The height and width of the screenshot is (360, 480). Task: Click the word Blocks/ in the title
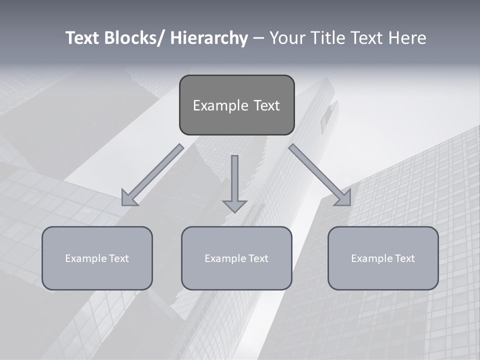tap(133, 38)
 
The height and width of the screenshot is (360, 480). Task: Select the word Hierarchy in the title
tap(209, 38)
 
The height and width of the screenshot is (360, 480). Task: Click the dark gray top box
tap(236, 105)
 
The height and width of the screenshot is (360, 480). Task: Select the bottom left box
tap(97, 258)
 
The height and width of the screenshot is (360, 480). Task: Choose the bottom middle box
tap(236, 258)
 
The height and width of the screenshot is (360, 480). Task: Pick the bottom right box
tap(383, 258)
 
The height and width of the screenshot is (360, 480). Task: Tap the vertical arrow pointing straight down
tap(234, 180)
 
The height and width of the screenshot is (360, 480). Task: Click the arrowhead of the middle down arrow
tap(234, 205)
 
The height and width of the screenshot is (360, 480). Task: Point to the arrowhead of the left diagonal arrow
tap(128, 199)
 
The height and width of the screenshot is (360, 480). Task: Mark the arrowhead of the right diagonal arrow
tap(344, 199)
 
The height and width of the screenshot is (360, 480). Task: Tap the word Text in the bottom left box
tap(119, 258)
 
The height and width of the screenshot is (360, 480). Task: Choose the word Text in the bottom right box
tap(405, 258)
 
